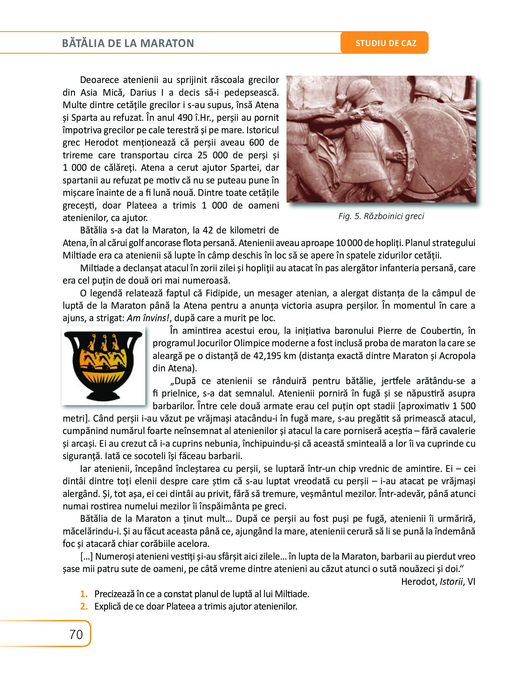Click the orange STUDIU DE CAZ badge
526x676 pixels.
tap(386, 43)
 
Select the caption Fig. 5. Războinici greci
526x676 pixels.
tap(381, 217)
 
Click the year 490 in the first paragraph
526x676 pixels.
tap(183, 118)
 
